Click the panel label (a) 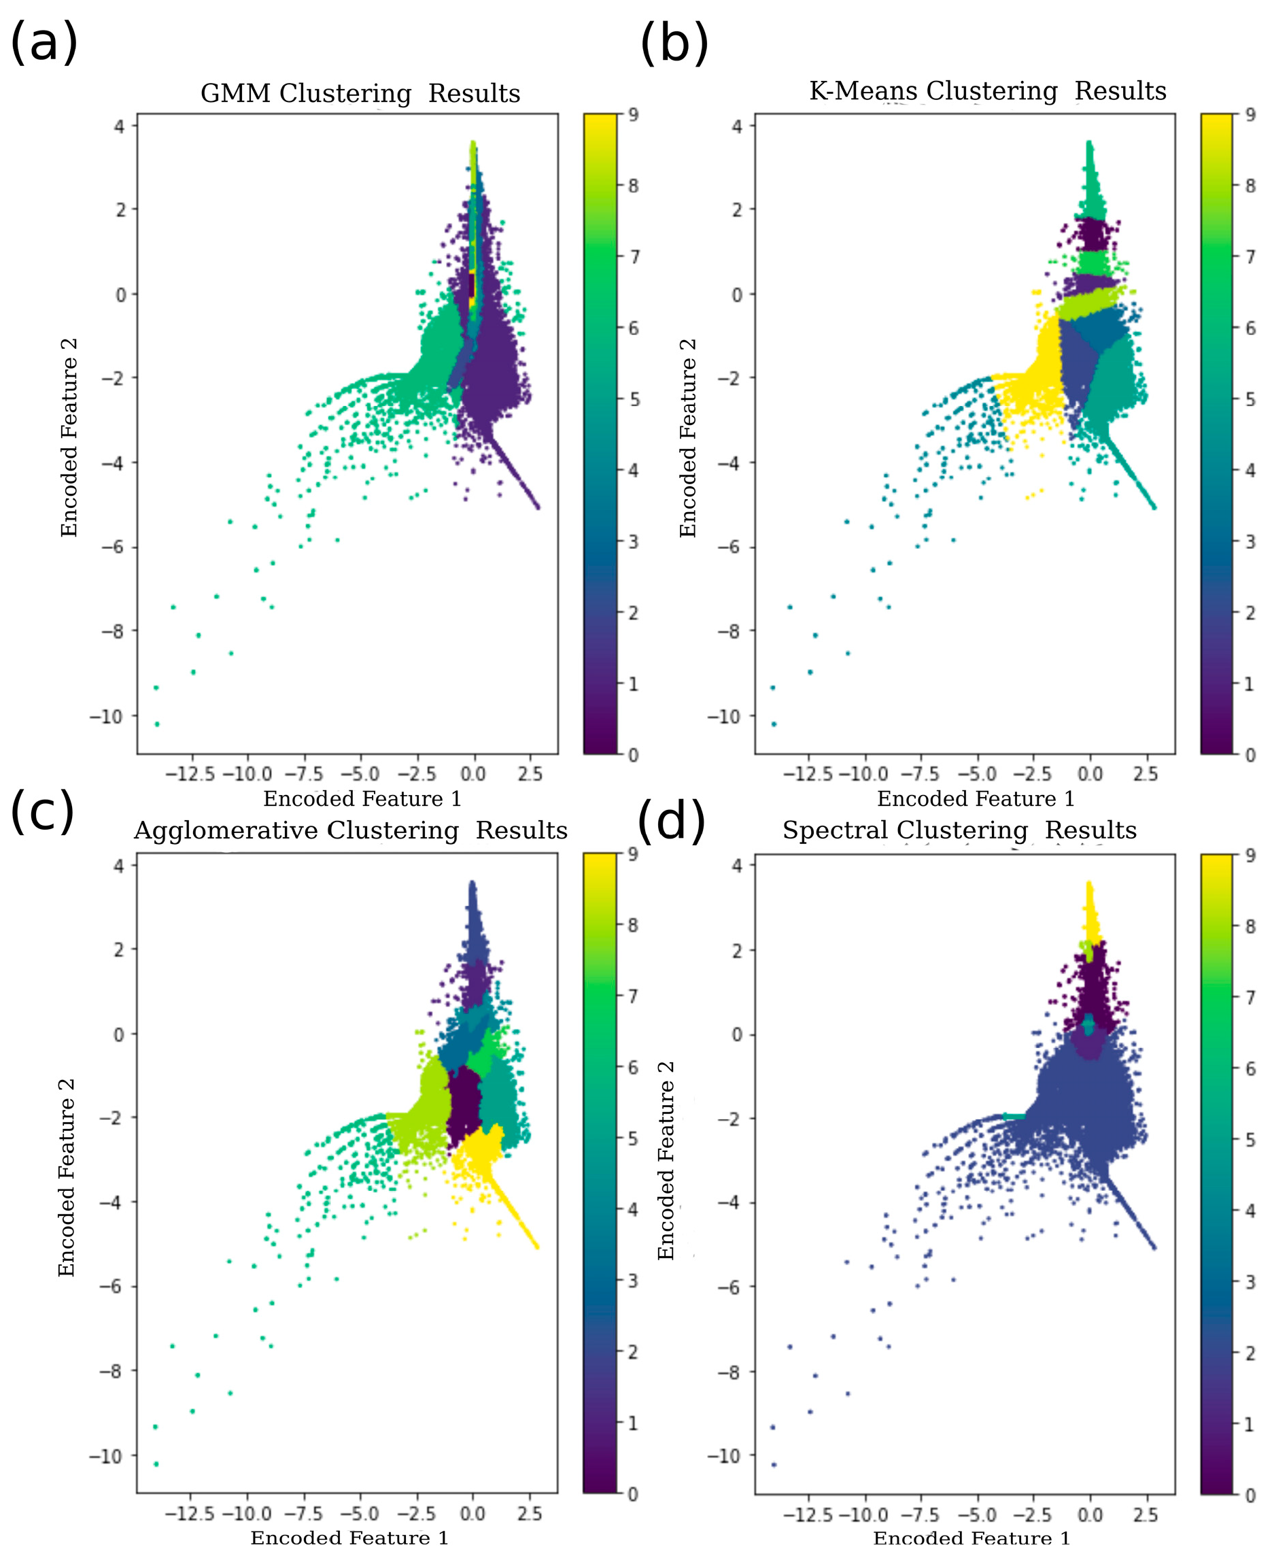44,43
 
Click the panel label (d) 670,821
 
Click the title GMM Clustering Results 360,94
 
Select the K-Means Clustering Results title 987,91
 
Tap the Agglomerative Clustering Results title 350,830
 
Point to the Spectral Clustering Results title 959,830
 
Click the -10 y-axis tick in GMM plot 107,716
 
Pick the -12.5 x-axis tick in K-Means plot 808,774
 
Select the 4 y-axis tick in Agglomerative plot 119,866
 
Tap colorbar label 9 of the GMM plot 633,114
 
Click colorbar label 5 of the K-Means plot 1250,399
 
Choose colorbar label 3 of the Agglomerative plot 632,1281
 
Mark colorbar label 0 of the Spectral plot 1250,1495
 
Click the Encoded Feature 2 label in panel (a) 69,437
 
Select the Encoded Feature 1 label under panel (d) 971,1538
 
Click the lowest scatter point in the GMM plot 157,724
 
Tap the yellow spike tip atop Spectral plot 1089,884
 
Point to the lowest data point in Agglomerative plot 155,1464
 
